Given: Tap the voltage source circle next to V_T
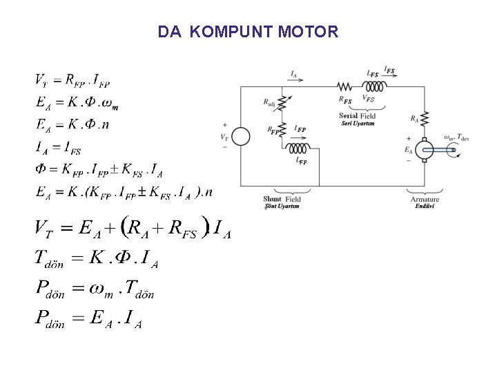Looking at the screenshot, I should tap(240, 136).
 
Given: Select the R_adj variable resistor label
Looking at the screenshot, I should tap(270, 102).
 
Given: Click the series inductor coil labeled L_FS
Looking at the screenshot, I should tap(376, 86).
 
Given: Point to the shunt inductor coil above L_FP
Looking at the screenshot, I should tap(300, 149).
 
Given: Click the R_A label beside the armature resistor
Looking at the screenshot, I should tap(414, 119).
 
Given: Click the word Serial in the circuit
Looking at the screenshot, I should tap(349, 116).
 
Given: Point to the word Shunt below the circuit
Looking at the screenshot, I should tap(272, 200).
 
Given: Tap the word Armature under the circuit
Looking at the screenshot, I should tap(425, 200).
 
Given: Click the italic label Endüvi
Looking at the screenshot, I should tap(425, 207).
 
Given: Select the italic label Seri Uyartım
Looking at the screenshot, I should tap(357, 124).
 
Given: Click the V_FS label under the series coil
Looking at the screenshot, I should tap(368, 100).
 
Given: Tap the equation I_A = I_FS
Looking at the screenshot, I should tap(58, 146).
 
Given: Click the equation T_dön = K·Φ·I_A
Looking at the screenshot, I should tap(97, 258).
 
